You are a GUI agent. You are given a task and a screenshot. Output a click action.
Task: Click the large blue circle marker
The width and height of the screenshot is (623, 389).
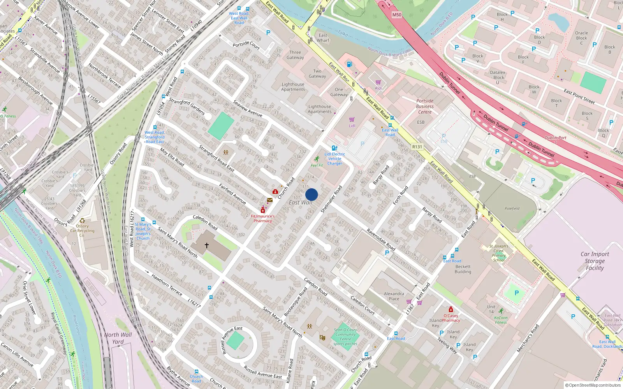click(x=311, y=194)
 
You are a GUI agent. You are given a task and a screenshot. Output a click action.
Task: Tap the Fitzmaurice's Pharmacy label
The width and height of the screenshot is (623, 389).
click(x=263, y=219)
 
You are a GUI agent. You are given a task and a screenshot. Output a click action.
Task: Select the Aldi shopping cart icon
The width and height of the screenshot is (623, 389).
click(x=378, y=82)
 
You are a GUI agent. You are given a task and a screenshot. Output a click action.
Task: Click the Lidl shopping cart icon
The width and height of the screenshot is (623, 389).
click(x=352, y=119)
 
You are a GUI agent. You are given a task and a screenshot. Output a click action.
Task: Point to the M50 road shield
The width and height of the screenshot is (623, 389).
click(x=396, y=15)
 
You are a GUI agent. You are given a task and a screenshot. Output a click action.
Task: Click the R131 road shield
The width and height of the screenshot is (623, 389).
click(x=417, y=147)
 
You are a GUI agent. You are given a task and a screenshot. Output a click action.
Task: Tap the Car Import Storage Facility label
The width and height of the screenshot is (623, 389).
click(x=595, y=261)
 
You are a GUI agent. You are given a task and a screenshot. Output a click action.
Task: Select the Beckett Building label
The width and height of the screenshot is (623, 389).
click(x=463, y=269)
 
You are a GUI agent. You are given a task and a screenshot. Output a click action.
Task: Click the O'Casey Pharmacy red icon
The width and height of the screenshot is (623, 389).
click(x=451, y=310)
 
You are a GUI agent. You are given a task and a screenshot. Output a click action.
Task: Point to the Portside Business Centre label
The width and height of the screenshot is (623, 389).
click(x=424, y=106)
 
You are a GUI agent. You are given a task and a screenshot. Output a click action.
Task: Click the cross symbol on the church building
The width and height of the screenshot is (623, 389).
click(x=207, y=245)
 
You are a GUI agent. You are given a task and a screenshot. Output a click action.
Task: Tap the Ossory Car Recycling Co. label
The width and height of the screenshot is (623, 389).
click(x=82, y=230)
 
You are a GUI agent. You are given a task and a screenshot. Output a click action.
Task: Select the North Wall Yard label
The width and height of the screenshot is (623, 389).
click(x=118, y=338)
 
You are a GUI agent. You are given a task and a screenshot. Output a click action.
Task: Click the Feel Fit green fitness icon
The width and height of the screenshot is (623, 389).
click(x=317, y=159)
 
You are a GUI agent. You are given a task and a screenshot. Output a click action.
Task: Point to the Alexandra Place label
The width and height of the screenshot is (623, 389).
click(x=394, y=296)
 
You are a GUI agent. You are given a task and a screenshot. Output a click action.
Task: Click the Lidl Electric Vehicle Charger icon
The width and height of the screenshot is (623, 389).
click(x=334, y=148)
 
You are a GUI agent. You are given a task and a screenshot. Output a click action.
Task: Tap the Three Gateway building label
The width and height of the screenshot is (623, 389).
click(x=295, y=55)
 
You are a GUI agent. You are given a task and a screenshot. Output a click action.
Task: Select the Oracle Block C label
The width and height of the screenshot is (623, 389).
click(x=581, y=38)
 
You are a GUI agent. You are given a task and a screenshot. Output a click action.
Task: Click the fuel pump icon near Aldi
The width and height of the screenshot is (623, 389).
click(x=349, y=64)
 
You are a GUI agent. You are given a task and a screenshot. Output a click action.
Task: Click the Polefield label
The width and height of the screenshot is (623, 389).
click(x=512, y=209)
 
